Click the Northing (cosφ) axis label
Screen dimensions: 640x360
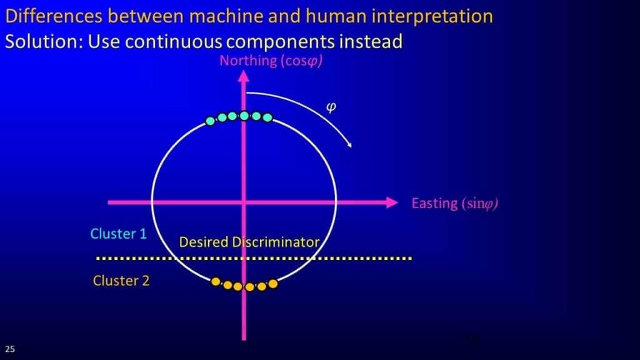[x=271, y=61]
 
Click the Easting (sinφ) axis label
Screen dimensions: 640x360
[x=455, y=203]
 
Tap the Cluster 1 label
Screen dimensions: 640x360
[x=118, y=234]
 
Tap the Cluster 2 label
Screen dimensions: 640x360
[x=121, y=281]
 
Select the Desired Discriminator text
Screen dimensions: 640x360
[x=249, y=242]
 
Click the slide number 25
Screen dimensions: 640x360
[x=10, y=349]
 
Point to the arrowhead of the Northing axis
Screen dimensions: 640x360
[x=244, y=76]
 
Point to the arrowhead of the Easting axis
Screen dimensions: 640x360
[x=392, y=202]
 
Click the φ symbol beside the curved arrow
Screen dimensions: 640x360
[x=331, y=107]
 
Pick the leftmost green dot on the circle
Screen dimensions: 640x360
[x=210, y=121]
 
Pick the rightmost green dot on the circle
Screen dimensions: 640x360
[x=267, y=118]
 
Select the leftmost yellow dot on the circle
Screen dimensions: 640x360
[x=216, y=281]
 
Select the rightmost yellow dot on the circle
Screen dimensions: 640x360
[x=273, y=284]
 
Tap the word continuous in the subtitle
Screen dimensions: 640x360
[x=174, y=42]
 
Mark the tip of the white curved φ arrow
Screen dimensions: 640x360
[x=351, y=146]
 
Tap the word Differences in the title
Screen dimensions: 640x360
[x=54, y=16]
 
